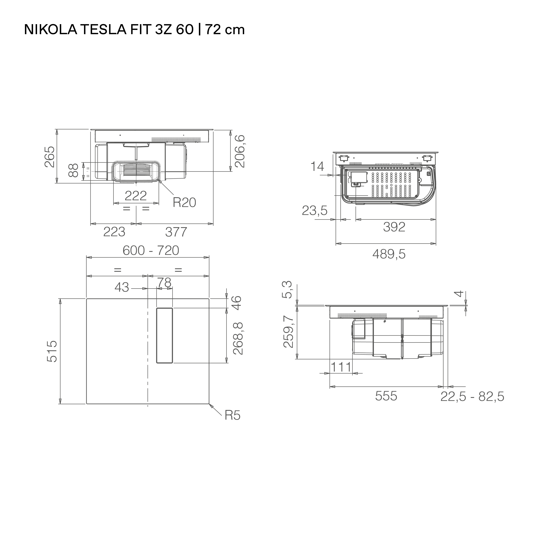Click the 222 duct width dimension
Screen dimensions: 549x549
pyautogui.click(x=136, y=196)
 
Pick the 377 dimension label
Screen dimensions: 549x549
pyautogui.click(x=176, y=232)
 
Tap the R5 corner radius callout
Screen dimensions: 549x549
pyautogui.click(x=233, y=415)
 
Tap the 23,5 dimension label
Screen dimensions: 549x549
pyautogui.click(x=315, y=211)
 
